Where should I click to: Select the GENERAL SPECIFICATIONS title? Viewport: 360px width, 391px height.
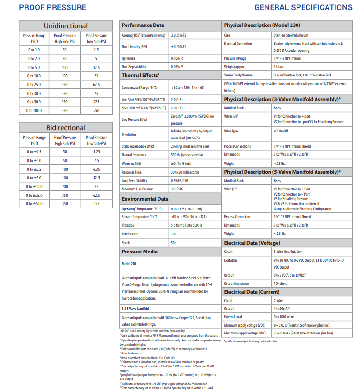(x=303, y=7)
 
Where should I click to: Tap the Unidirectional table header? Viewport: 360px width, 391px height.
(x=65, y=26)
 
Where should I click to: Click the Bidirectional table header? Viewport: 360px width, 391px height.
(x=65, y=128)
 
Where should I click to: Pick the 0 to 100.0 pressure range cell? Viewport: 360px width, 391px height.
(x=34, y=111)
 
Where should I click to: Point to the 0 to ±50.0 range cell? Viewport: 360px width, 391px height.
(x=34, y=204)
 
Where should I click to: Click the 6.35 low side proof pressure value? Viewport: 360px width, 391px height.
(x=96, y=169)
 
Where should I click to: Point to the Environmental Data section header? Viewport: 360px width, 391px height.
(x=145, y=199)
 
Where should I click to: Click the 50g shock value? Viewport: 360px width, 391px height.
(x=174, y=243)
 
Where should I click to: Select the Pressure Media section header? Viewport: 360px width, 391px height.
(x=139, y=252)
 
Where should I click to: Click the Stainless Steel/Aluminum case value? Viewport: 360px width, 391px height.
(x=291, y=35)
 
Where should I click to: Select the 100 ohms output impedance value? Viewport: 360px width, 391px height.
(x=281, y=284)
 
